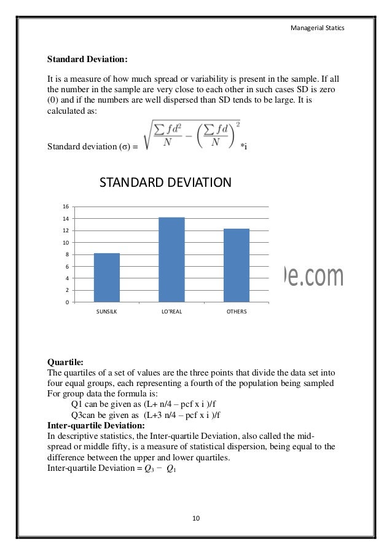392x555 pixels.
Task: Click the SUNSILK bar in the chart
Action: [106, 277]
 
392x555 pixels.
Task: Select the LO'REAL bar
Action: [171, 259]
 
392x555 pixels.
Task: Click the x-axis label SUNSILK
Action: [106, 312]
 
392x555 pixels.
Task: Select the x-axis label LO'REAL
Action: [171, 312]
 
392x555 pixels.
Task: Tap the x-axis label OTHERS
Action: [237, 312]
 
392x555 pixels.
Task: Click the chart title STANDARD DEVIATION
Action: [165, 183]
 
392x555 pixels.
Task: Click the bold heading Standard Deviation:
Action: [88, 60]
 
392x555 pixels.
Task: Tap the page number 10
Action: [196, 519]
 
